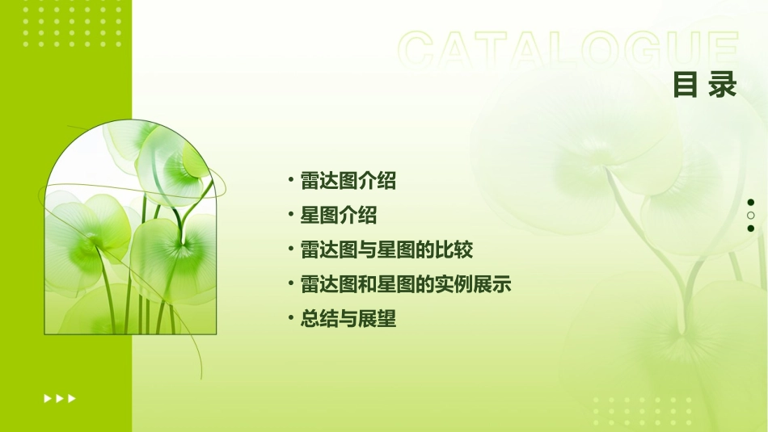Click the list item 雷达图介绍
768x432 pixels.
pyautogui.click(x=348, y=181)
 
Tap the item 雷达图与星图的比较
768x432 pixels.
pyautogui.click(x=386, y=250)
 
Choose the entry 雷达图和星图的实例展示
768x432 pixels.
pyautogui.click(x=405, y=284)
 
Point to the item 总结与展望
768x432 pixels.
pyautogui.click(x=348, y=319)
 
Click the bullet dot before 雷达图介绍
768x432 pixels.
pyautogui.click(x=291, y=180)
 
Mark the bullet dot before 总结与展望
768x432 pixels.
pyautogui.click(x=291, y=318)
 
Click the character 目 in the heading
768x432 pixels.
pyautogui.click(x=686, y=84)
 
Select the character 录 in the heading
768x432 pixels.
pyautogui.click(x=723, y=84)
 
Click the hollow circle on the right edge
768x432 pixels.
pyautogui.click(x=751, y=216)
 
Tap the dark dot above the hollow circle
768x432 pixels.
pyautogui.click(x=751, y=202)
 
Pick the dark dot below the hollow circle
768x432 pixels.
pyautogui.click(x=751, y=229)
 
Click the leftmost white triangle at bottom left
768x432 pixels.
pyautogui.click(x=47, y=398)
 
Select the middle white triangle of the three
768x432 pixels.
pyautogui.click(x=60, y=398)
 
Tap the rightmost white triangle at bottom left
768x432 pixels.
pyautogui.click(x=72, y=398)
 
